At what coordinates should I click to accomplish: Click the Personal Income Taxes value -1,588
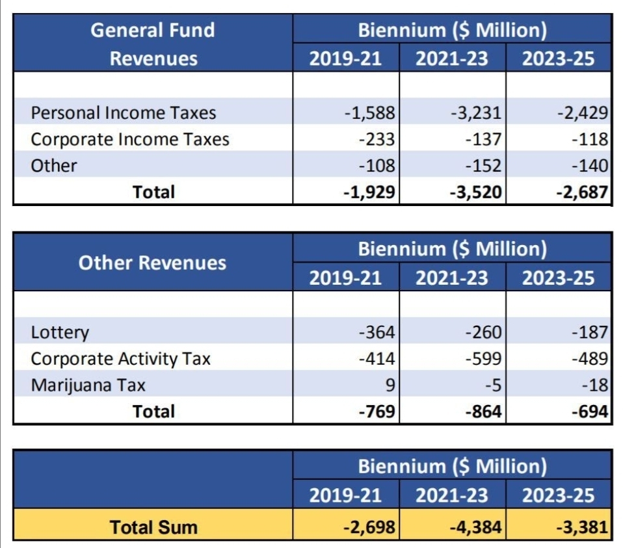tap(370, 112)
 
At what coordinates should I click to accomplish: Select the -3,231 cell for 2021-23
tap(477, 112)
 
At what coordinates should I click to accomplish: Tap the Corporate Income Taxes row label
tap(130, 139)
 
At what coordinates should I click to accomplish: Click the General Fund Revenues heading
tap(153, 44)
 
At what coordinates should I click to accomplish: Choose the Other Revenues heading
tap(153, 263)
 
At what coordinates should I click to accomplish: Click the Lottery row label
tap(60, 332)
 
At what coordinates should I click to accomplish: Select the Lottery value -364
tap(377, 332)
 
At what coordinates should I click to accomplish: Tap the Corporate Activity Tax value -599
tap(484, 359)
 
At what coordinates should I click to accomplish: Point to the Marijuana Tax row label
tap(88, 385)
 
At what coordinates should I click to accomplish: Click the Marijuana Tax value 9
tap(390, 385)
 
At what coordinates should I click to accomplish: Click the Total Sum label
tap(153, 527)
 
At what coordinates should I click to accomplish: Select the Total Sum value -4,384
tap(477, 527)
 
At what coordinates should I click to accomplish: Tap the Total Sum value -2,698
tap(370, 527)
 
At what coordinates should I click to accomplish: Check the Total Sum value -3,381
tap(583, 527)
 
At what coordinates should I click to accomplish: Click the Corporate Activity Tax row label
tap(121, 359)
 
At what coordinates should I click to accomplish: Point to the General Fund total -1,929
tap(370, 192)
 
